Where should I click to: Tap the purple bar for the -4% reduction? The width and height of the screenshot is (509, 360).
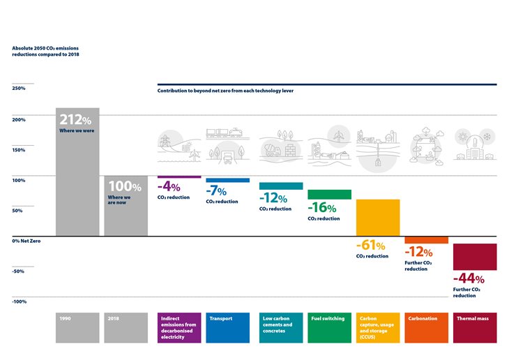tap(179, 177)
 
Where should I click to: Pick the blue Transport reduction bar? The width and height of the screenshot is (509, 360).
tap(227, 180)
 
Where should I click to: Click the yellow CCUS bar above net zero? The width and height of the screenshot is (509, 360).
tap(378, 218)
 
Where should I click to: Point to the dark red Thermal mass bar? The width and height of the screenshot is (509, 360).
tap(475, 257)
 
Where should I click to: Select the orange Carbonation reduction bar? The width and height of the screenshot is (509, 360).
tap(426, 240)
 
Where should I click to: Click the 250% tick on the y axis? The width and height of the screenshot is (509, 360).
tap(19, 89)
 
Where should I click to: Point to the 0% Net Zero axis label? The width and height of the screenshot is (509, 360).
tap(26, 241)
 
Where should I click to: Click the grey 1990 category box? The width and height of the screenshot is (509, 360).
tap(77, 327)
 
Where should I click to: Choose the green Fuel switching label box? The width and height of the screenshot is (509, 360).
tap(329, 327)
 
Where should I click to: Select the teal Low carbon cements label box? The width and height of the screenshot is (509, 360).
tap(281, 327)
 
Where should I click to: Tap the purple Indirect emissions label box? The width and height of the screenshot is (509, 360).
tap(180, 327)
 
